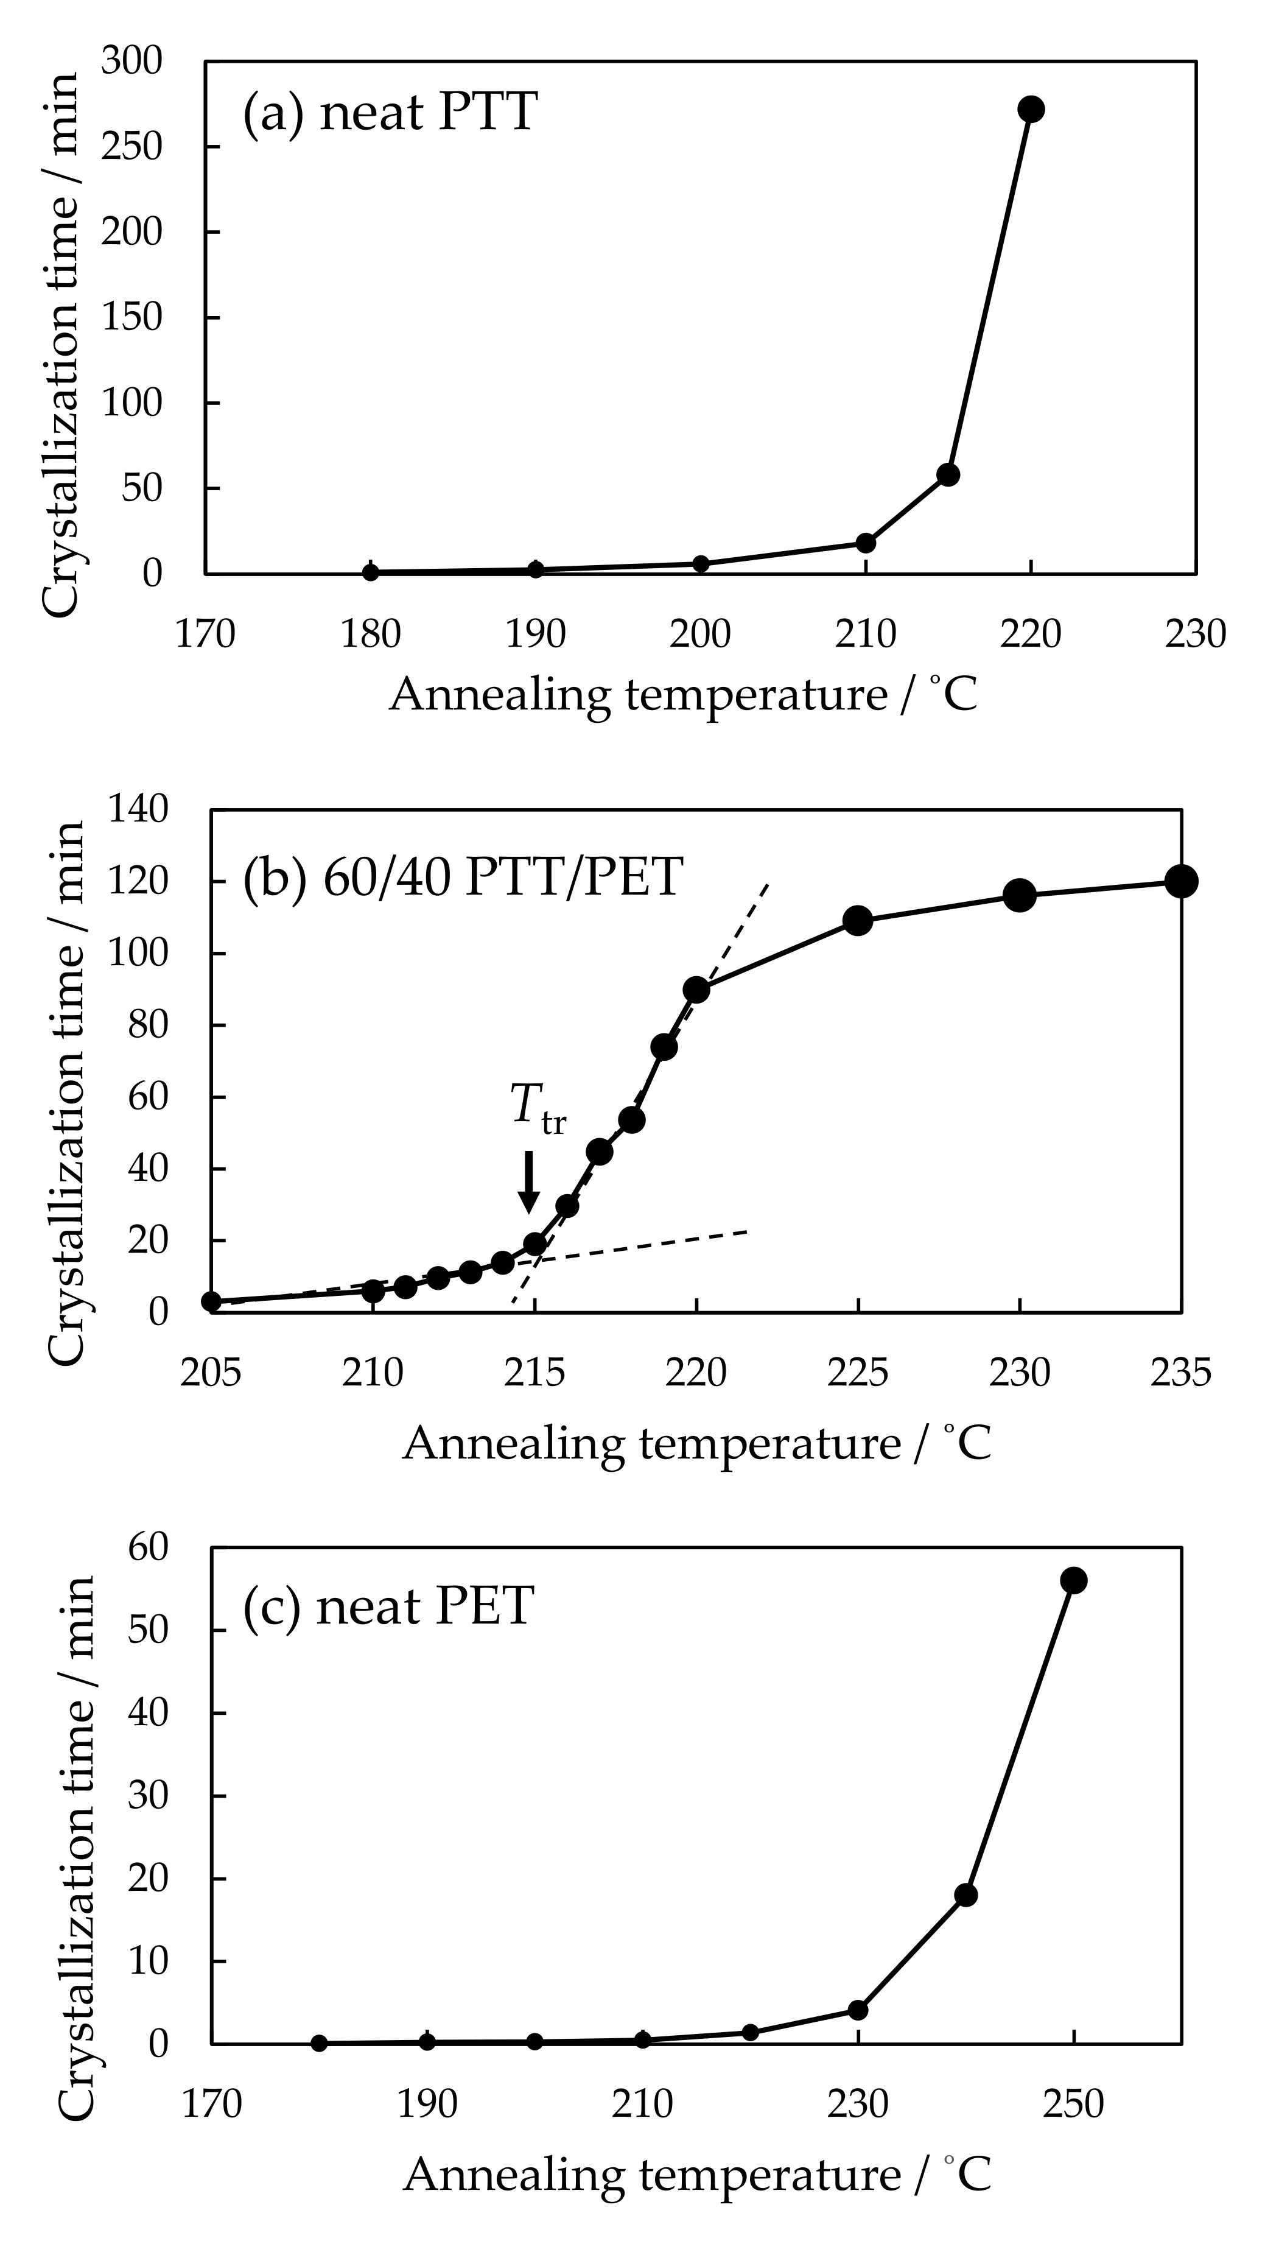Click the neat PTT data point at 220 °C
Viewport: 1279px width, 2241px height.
[1031, 109]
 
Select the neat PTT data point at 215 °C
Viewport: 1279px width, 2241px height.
[948, 474]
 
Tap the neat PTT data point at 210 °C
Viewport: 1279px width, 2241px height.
[865, 543]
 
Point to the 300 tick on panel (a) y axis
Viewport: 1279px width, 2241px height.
[131, 62]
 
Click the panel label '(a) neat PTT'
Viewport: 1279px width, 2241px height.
[389, 113]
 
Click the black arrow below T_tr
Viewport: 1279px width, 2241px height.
[528, 1181]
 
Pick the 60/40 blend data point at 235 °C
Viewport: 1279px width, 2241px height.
[1182, 881]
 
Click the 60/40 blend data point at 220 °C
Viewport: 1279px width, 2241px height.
[696, 989]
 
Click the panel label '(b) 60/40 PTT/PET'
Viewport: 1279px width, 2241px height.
[463, 877]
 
